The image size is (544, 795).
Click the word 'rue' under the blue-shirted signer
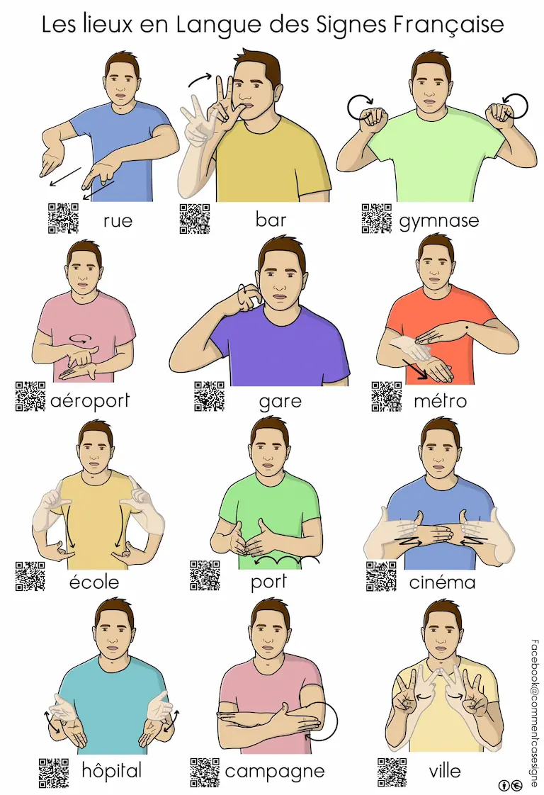[x=118, y=220]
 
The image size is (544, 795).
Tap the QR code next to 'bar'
[x=195, y=218]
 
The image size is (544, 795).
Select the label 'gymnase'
[x=439, y=221]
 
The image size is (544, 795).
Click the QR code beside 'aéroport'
[x=30, y=396]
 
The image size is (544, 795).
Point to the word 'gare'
[x=280, y=402]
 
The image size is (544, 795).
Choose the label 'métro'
[x=440, y=400]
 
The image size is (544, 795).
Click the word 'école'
[x=93, y=581]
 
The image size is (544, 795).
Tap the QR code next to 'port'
[x=205, y=575]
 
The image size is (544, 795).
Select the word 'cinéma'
[x=442, y=582]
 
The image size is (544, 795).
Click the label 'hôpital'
[x=111, y=771]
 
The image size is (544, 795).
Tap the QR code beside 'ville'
[x=392, y=772]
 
